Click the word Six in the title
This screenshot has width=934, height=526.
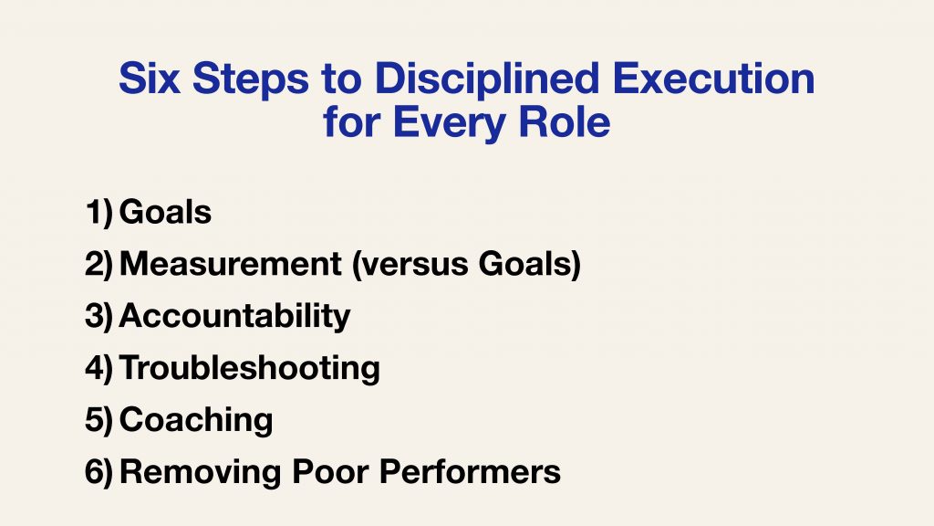[150, 79]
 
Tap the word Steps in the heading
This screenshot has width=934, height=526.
[251, 80]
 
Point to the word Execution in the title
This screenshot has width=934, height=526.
[713, 79]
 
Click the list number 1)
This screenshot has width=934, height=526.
[99, 212]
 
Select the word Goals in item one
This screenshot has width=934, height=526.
[166, 212]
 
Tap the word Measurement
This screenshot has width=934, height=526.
[231, 264]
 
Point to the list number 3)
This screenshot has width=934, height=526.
[99, 316]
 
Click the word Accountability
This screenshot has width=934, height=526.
[234, 317]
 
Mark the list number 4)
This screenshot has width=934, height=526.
[99, 368]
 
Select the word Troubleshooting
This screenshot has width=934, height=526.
[250, 369]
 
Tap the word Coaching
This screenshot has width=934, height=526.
[196, 420]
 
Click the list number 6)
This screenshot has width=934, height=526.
[99, 472]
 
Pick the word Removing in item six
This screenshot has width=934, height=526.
[200, 472]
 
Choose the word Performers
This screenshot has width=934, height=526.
[470, 472]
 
